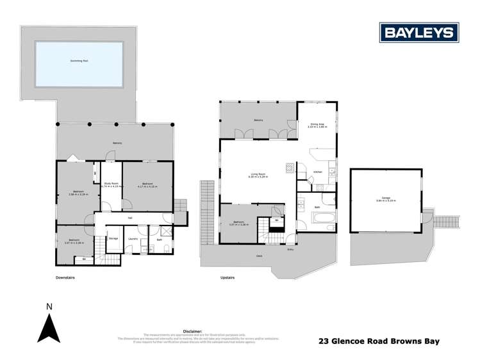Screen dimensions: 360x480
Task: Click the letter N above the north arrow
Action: pyautogui.click(x=48, y=307)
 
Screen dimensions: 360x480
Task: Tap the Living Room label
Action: pyautogui.click(x=259, y=175)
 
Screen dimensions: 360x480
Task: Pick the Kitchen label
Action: pyautogui.click(x=317, y=172)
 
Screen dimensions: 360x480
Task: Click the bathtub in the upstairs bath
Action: pyautogui.click(x=320, y=219)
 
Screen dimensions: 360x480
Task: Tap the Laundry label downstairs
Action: pyautogui.click(x=133, y=239)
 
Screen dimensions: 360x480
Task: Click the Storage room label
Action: pyautogui.click(x=113, y=238)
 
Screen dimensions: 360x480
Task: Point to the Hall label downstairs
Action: pyautogui.click(x=129, y=218)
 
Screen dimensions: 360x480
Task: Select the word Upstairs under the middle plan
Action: pyautogui.click(x=228, y=277)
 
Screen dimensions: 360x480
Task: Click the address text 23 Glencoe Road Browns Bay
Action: pyautogui.click(x=379, y=341)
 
